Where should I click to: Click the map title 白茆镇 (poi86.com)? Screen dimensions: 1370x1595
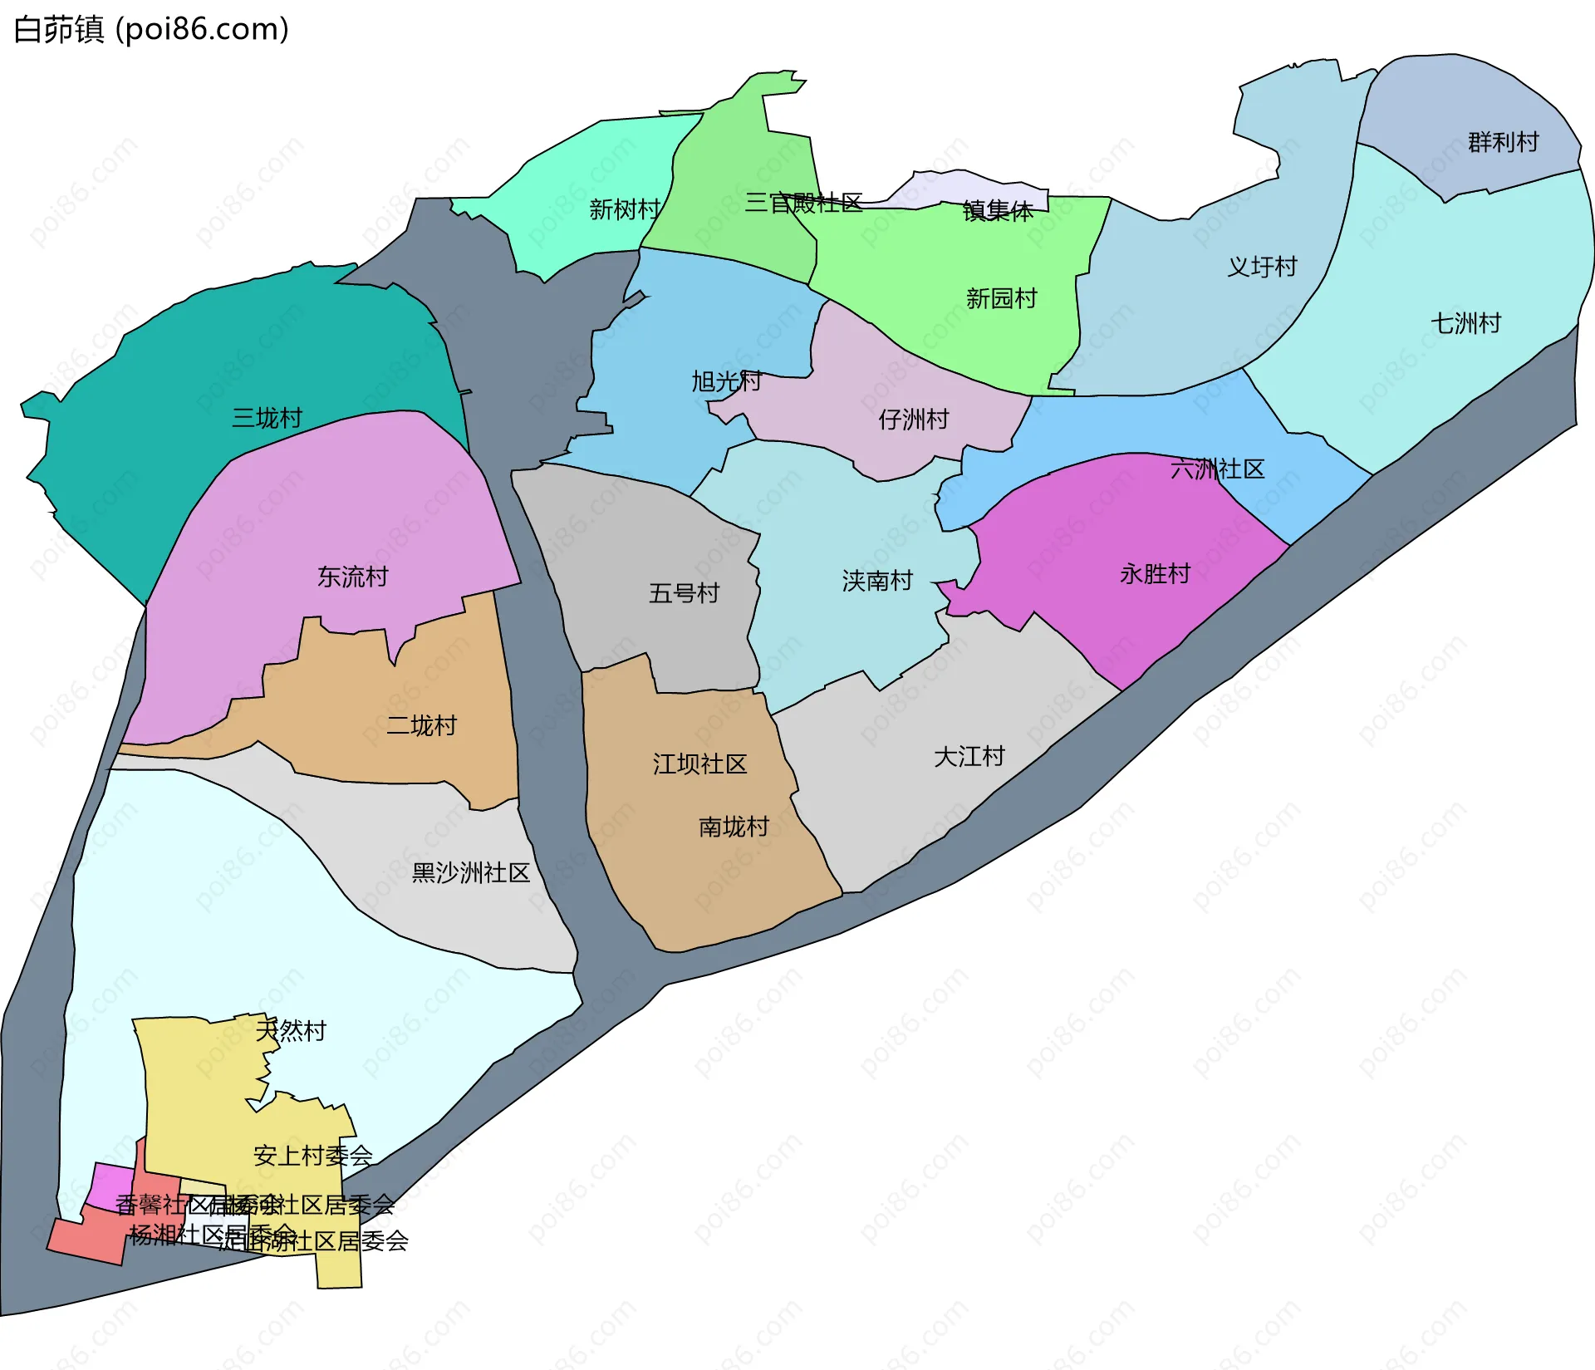[x=151, y=30]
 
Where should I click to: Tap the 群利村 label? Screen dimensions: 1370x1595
[x=1503, y=142]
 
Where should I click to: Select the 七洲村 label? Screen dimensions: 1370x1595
[x=1465, y=323]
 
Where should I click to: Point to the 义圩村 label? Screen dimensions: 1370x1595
[x=1262, y=267]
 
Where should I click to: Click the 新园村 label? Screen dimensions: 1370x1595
[x=1001, y=298]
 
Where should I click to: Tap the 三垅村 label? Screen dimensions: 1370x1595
[x=267, y=418]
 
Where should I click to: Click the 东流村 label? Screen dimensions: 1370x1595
[x=352, y=577]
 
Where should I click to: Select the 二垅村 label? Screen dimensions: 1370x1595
[x=421, y=726]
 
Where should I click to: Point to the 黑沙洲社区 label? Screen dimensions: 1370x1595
[x=470, y=872]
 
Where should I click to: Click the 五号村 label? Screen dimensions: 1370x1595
[x=684, y=593]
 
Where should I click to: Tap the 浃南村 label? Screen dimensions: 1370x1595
[x=877, y=581]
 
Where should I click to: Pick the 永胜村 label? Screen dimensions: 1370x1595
[x=1155, y=574]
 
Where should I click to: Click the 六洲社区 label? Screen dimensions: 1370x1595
[x=1217, y=469]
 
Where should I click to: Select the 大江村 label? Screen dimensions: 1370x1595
[x=969, y=757]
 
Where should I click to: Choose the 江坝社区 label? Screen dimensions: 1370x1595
[x=699, y=764]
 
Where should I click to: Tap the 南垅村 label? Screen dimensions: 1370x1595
[x=734, y=827]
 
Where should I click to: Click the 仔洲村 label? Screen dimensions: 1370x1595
[x=914, y=420]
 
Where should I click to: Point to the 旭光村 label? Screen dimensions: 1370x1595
[x=727, y=381]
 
